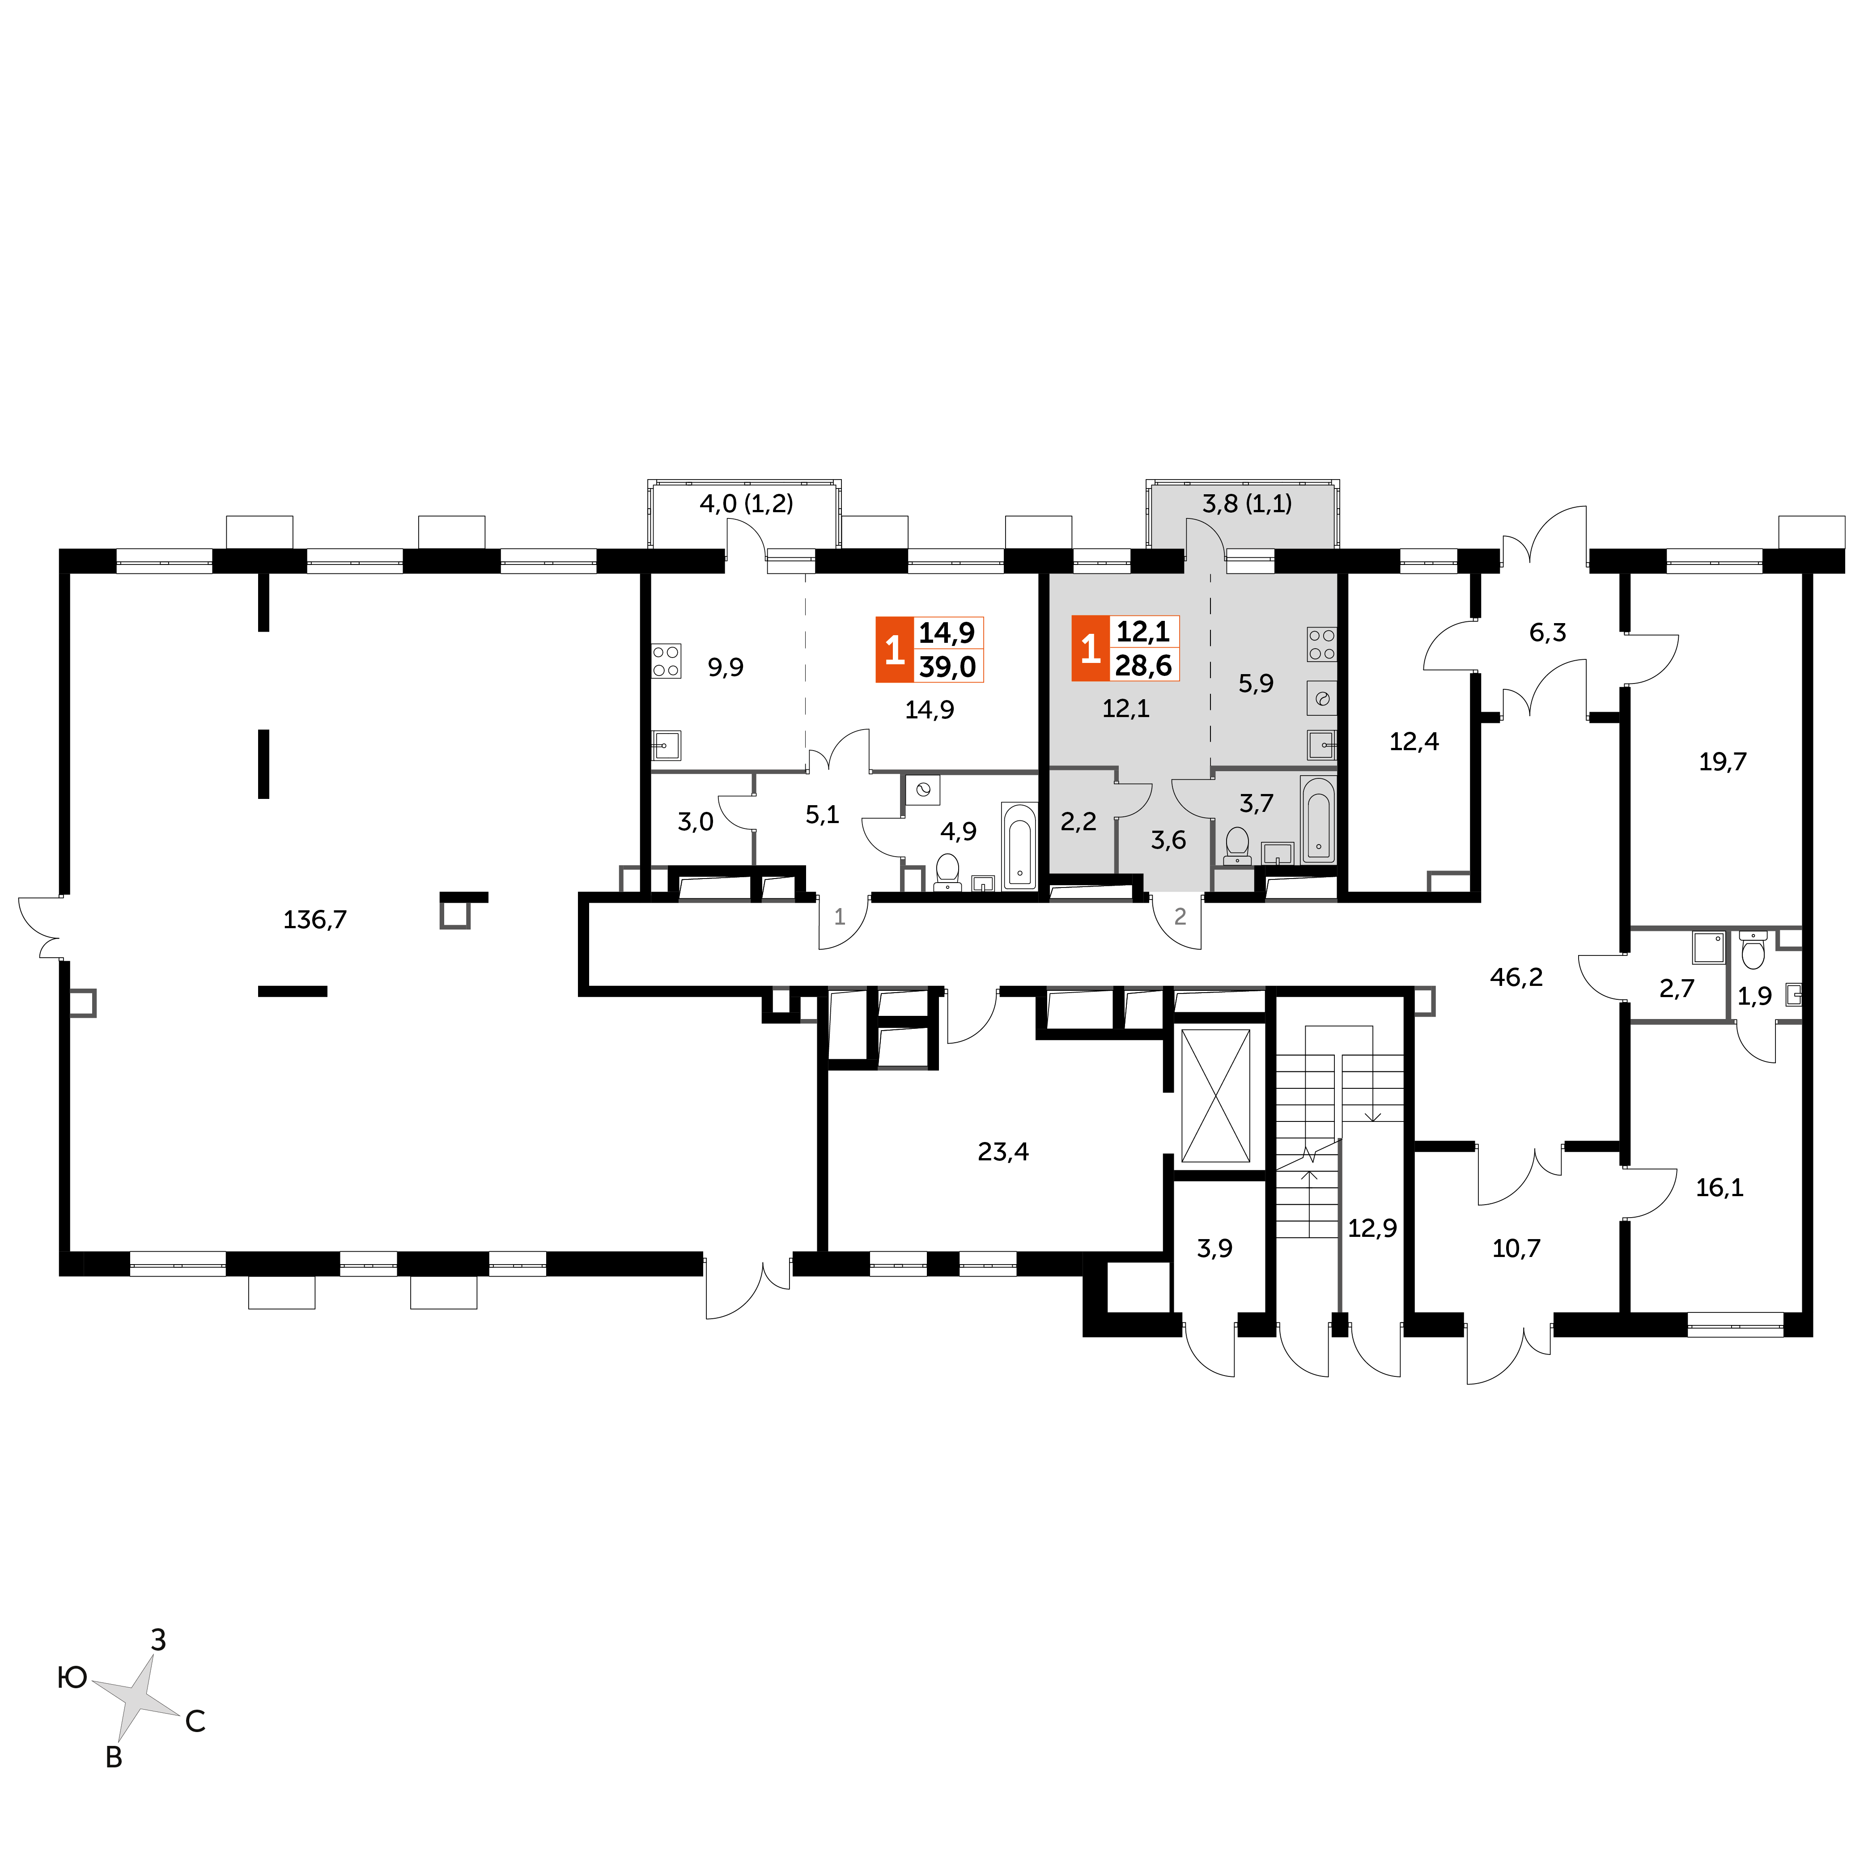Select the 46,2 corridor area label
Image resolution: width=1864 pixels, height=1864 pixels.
(x=1517, y=977)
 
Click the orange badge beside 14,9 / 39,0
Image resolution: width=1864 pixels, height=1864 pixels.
(x=894, y=650)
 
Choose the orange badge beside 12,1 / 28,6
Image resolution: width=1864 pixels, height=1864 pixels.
(x=1090, y=648)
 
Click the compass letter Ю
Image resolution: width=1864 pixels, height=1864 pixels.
(x=72, y=1679)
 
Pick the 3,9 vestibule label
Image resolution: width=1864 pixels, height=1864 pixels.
(x=1214, y=1248)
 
